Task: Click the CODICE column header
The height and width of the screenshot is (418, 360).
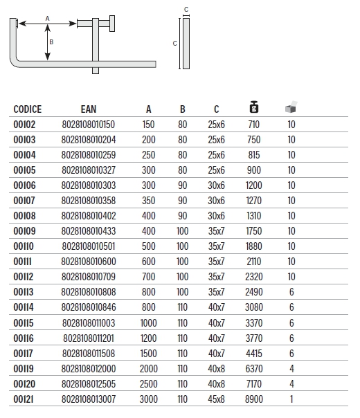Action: (x=28, y=109)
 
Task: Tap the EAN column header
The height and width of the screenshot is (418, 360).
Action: (x=89, y=109)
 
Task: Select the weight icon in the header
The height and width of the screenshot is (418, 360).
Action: (x=254, y=107)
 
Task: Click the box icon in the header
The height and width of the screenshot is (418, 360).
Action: (x=291, y=107)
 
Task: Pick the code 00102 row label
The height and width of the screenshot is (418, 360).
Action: (x=24, y=125)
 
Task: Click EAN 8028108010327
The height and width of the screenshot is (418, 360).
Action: (x=89, y=170)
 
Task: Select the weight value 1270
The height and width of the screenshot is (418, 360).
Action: (x=254, y=201)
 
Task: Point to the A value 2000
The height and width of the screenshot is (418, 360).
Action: (x=149, y=369)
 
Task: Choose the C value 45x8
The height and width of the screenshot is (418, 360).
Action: (x=216, y=399)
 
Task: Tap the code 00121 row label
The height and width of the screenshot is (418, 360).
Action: (x=24, y=399)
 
